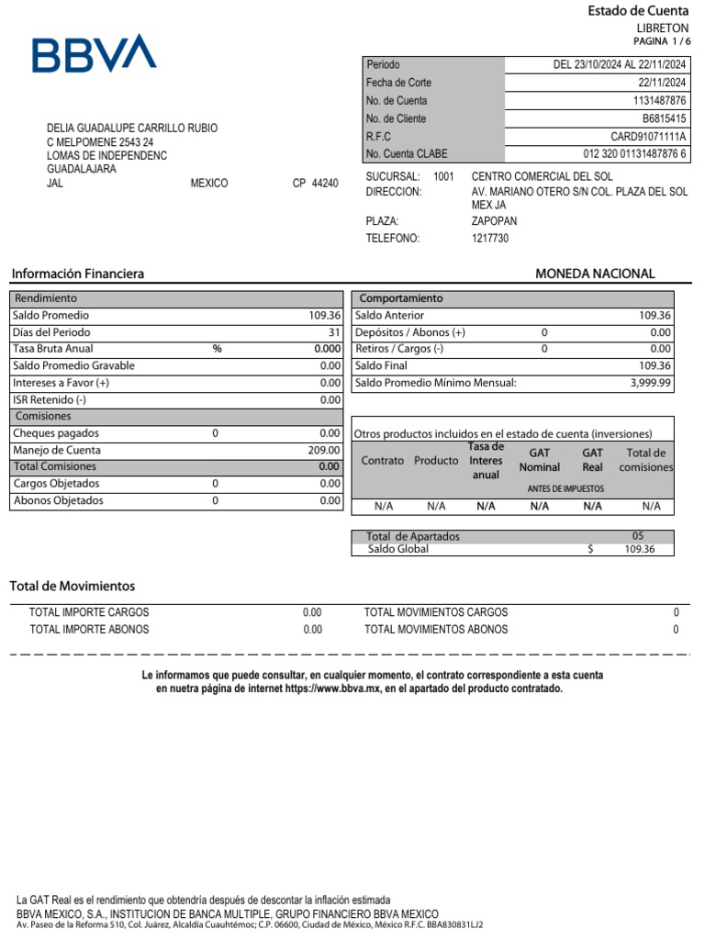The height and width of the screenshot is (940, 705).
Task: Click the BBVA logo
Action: point(94,54)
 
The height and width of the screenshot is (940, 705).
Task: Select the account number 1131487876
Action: point(659,101)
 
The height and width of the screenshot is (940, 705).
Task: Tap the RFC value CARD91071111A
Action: point(648,137)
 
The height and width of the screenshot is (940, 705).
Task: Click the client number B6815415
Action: point(664,118)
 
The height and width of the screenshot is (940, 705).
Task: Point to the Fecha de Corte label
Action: point(398,83)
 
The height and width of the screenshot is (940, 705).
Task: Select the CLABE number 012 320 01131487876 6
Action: point(634,154)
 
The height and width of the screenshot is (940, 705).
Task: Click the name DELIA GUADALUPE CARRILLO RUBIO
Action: point(132,128)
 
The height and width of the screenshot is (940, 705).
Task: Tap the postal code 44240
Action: point(325,184)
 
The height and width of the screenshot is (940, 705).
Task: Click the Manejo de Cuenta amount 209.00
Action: point(324,451)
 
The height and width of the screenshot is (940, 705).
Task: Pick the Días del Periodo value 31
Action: point(334,332)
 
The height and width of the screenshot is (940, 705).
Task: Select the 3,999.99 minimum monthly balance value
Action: point(651,383)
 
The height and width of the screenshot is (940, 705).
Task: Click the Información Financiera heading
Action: point(77,274)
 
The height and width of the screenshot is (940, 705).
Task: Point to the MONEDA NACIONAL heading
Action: point(595,274)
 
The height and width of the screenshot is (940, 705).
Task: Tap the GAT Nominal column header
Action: point(539,460)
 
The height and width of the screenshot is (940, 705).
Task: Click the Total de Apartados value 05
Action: point(638,536)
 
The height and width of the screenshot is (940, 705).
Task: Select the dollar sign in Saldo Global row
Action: point(590,549)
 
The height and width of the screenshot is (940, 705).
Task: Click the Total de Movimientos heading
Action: point(73,586)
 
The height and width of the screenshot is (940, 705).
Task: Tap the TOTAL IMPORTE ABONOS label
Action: point(89,630)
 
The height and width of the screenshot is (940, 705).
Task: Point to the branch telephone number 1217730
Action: point(489,239)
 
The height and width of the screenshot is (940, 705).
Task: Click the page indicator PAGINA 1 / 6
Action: point(661,42)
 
